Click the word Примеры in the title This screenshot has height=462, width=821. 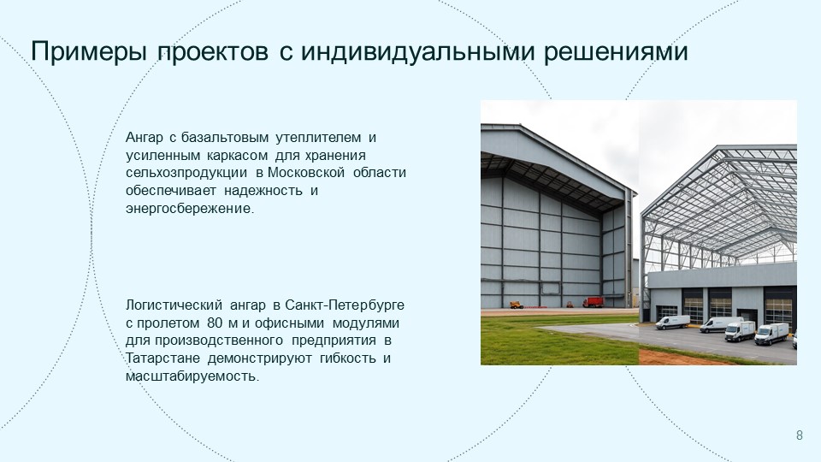point(88,52)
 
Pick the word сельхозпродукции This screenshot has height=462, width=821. point(186,173)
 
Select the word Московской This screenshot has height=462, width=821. point(306,172)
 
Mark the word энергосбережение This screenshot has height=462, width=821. point(190,209)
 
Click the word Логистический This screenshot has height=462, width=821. point(174,305)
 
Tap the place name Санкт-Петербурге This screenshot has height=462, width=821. point(345,305)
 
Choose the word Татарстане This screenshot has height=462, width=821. point(162,358)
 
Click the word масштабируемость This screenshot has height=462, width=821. point(192,376)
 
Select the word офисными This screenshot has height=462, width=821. point(290,323)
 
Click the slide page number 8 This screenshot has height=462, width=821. point(799,435)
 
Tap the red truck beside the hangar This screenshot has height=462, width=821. point(594,302)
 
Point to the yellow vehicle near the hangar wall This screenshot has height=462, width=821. point(517,305)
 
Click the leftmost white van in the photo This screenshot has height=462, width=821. point(673,323)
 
